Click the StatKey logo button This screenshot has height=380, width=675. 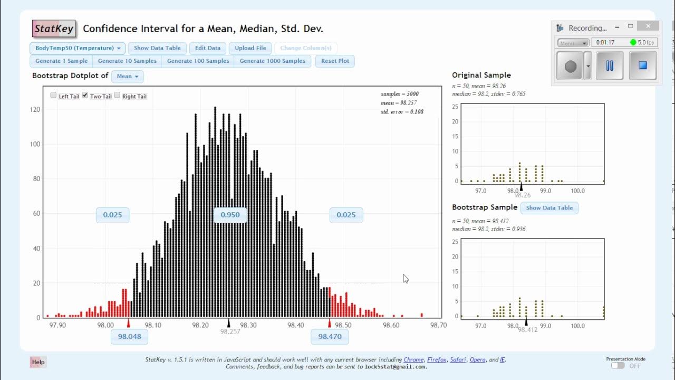click(54, 29)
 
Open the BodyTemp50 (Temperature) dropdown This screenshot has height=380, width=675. click(78, 48)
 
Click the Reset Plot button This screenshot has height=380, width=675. click(335, 61)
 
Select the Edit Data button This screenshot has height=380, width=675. click(208, 48)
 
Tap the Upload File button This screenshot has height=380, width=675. click(250, 48)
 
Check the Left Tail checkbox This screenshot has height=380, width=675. click(53, 96)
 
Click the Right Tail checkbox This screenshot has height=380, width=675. click(118, 96)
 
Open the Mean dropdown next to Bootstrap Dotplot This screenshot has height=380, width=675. click(127, 77)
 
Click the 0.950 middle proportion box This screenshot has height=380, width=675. click(230, 215)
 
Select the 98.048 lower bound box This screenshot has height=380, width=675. click(129, 336)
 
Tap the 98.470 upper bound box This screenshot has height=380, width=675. click(330, 336)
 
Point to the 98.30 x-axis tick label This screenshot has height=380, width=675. click(248, 326)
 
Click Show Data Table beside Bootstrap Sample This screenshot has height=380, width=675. click(549, 208)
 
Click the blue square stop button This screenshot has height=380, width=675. click(642, 66)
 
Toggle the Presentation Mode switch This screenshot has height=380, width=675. click(618, 366)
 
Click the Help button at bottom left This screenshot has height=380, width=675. click(38, 362)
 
